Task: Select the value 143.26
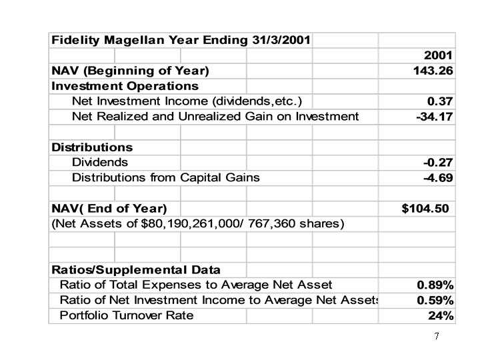[x=433, y=71]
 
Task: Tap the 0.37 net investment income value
[x=440, y=101]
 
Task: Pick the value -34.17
[x=435, y=117]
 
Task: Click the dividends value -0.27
[x=438, y=162]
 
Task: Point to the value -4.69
[x=438, y=178]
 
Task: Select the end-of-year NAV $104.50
[x=425, y=209]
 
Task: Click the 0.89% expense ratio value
[x=435, y=285]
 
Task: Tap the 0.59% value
[x=435, y=300]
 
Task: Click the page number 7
[x=436, y=336]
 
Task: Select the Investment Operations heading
[x=125, y=86]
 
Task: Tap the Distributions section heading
[x=92, y=147]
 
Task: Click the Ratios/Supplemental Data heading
[x=136, y=270]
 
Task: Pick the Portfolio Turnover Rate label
[x=127, y=315]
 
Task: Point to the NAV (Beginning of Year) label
[x=130, y=70]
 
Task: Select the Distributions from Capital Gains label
[x=166, y=177]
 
